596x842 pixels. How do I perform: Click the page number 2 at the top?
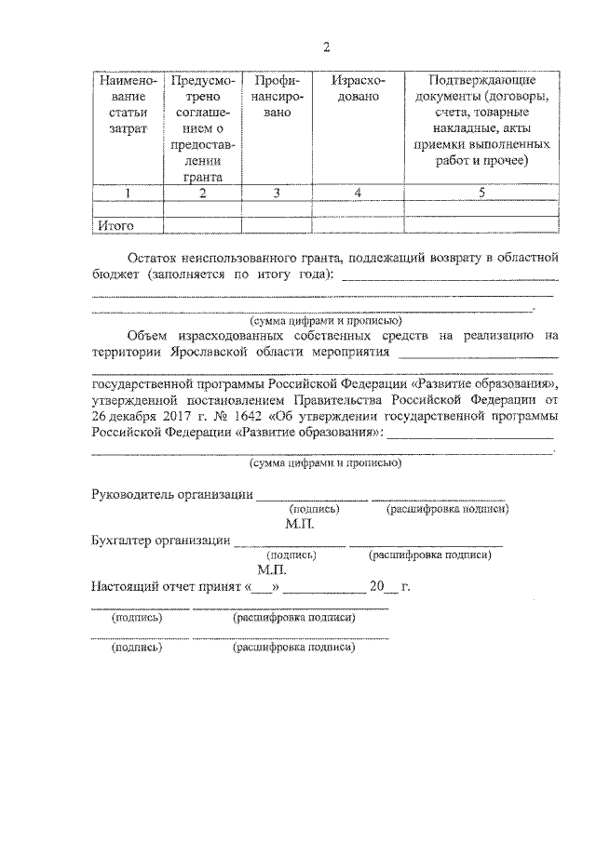coord(326,47)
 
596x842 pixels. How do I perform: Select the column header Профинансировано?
coord(277,97)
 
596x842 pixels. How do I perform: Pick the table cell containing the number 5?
coord(481,193)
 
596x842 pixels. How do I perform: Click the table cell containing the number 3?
coord(277,193)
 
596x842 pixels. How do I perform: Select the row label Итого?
coord(117,225)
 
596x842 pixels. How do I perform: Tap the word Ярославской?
coord(214,354)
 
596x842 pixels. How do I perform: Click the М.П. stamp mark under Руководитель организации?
coord(301,524)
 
